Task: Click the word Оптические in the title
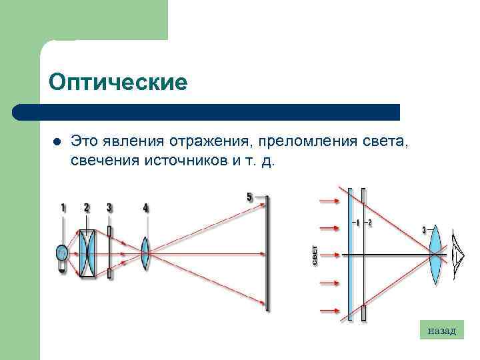tap(119, 83)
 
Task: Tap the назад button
tap(441, 329)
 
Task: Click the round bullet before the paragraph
tap(55, 142)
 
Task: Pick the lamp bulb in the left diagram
tap(62, 254)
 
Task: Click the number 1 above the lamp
tap(63, 208)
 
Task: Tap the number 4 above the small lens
tap(145, 208)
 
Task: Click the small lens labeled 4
tap(145, 253)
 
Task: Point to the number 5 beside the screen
tap(249, 197)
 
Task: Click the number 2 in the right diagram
tap(370, 223)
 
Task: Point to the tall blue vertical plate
tap(350, 253)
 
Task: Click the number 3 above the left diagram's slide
tap(109, 208)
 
